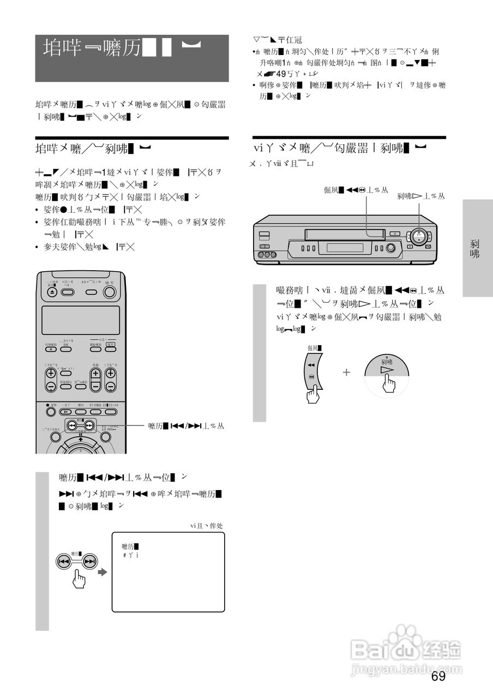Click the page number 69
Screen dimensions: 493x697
[x=438, y=676]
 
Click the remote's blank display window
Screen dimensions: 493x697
[x=80, y=320]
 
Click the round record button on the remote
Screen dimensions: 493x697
[x=51, y=412]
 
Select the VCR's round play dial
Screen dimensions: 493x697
[x=419, y=237]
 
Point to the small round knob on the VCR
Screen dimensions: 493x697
[x=390, y=249]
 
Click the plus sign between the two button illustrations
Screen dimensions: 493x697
[x=346, y=372]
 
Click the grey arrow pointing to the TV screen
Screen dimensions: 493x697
[x=102, y=572]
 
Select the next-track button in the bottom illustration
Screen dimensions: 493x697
[x=90, y=561]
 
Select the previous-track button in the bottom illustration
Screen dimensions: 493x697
[x=64, y=561]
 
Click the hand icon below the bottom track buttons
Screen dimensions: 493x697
[x=80, y=579]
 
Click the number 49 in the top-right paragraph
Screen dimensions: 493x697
[x=281, y=74]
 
